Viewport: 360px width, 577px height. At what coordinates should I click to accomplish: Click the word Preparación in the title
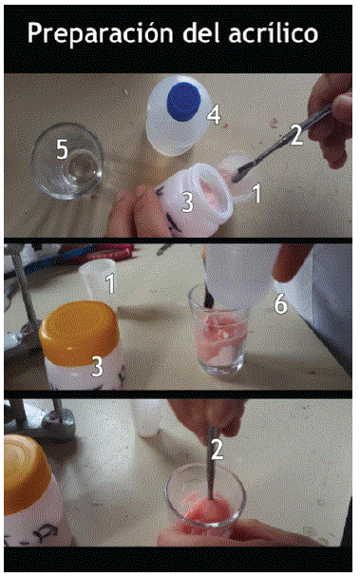100,34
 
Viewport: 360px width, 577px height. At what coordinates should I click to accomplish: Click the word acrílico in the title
273,32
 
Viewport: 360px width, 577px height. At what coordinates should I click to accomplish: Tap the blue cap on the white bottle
183,102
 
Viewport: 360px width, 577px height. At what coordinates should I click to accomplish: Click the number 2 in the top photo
296,135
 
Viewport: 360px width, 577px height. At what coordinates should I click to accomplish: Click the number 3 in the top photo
187,202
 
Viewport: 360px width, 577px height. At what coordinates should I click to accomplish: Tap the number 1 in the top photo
257,193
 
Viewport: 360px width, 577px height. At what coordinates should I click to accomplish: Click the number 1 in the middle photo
110,283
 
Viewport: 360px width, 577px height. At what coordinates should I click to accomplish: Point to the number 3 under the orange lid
97,367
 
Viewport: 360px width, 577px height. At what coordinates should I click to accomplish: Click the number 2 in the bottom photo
217,449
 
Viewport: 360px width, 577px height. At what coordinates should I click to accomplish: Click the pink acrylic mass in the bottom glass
207,510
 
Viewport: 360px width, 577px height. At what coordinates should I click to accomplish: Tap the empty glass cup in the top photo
67,161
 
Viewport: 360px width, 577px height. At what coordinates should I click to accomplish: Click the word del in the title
200,32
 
